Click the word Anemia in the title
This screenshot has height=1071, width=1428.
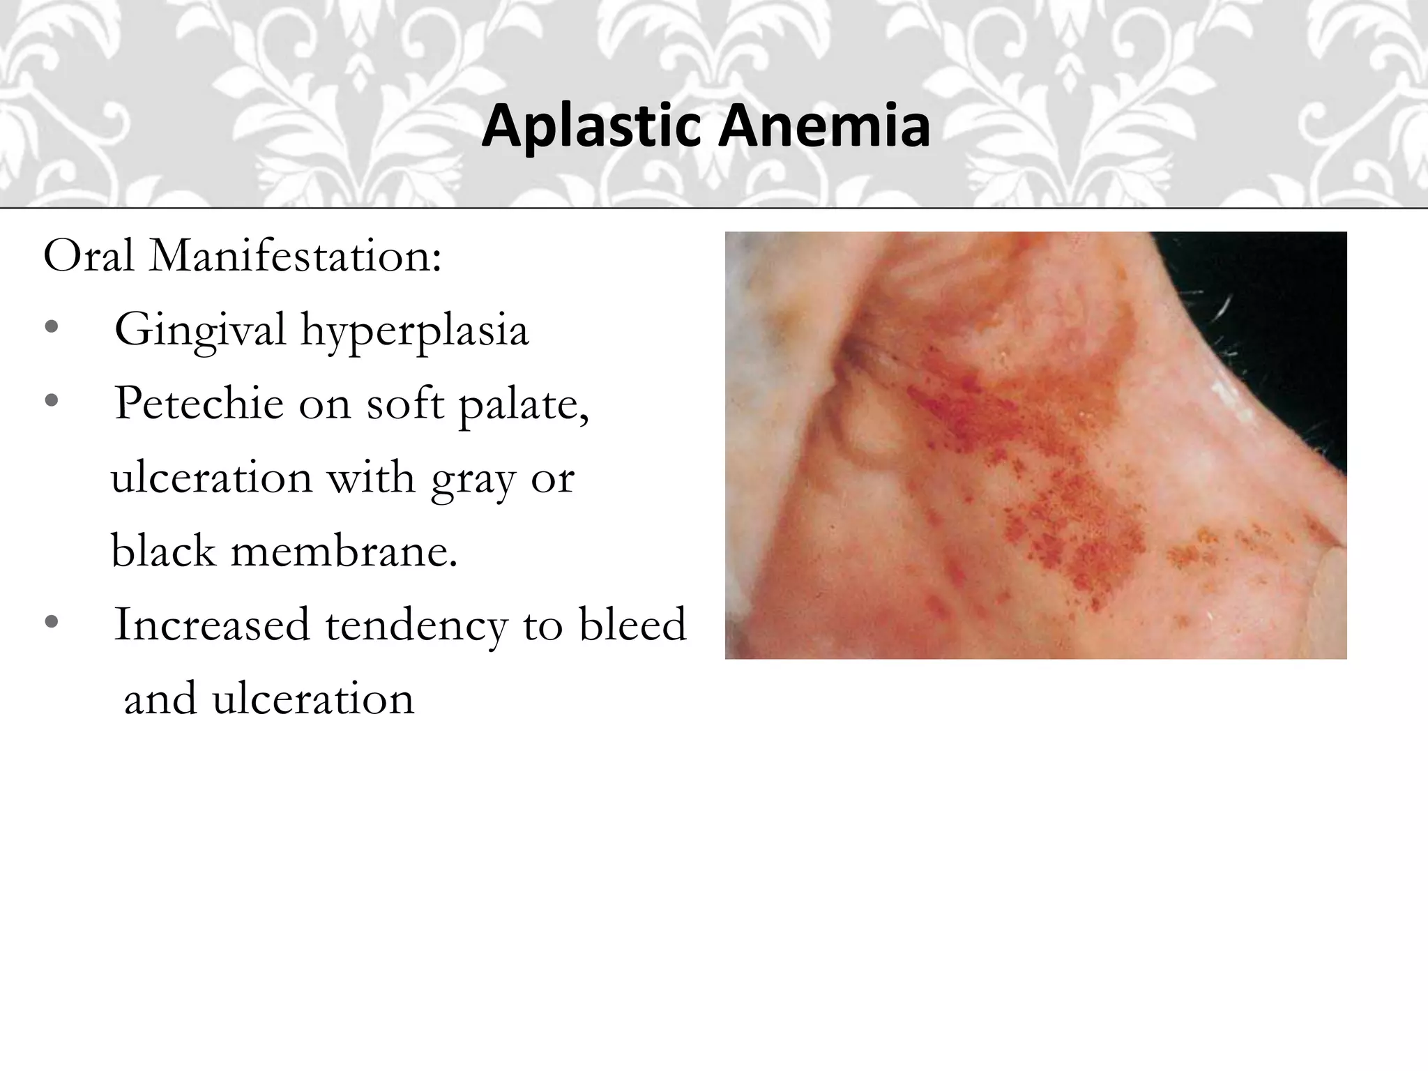click(826, 126)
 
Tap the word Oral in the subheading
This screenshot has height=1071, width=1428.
click(89, 256)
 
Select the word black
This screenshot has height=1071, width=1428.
click(163, 552)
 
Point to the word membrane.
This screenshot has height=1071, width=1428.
click(344, 552)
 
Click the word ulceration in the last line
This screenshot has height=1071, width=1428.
click(314, 699)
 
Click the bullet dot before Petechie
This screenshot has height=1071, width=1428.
click(51, 401)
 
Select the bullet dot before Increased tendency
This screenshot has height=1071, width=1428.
click(51, 622)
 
